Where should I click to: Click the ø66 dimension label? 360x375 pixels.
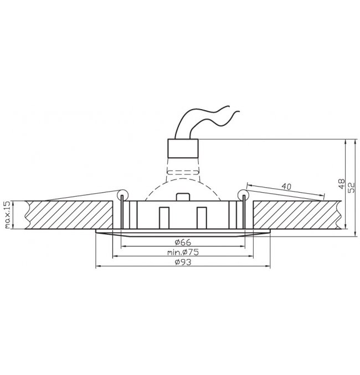pyautogui.click(x=183, y=242)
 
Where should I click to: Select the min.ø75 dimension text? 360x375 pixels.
pyautogui.click(x=183, y=252)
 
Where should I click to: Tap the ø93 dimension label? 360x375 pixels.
pyautogui.click(x=183, y=262)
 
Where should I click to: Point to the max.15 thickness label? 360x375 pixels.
pyautogui.click(x=8, y=215)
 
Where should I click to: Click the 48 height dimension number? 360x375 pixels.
pyautogui.click(x=342, y=183)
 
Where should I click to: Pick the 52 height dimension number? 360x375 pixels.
pyautogui.click(x=352, y=188)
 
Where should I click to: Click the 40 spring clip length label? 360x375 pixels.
pyautogui.click(x=286, y=186)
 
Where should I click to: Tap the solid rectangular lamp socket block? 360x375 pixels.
pyautogui.click(x=183, y=148)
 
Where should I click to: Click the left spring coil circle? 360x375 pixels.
pyautogui.click(x=122, y=194)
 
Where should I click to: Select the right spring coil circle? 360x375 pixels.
pyautogui.click(x=244, y=194)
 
